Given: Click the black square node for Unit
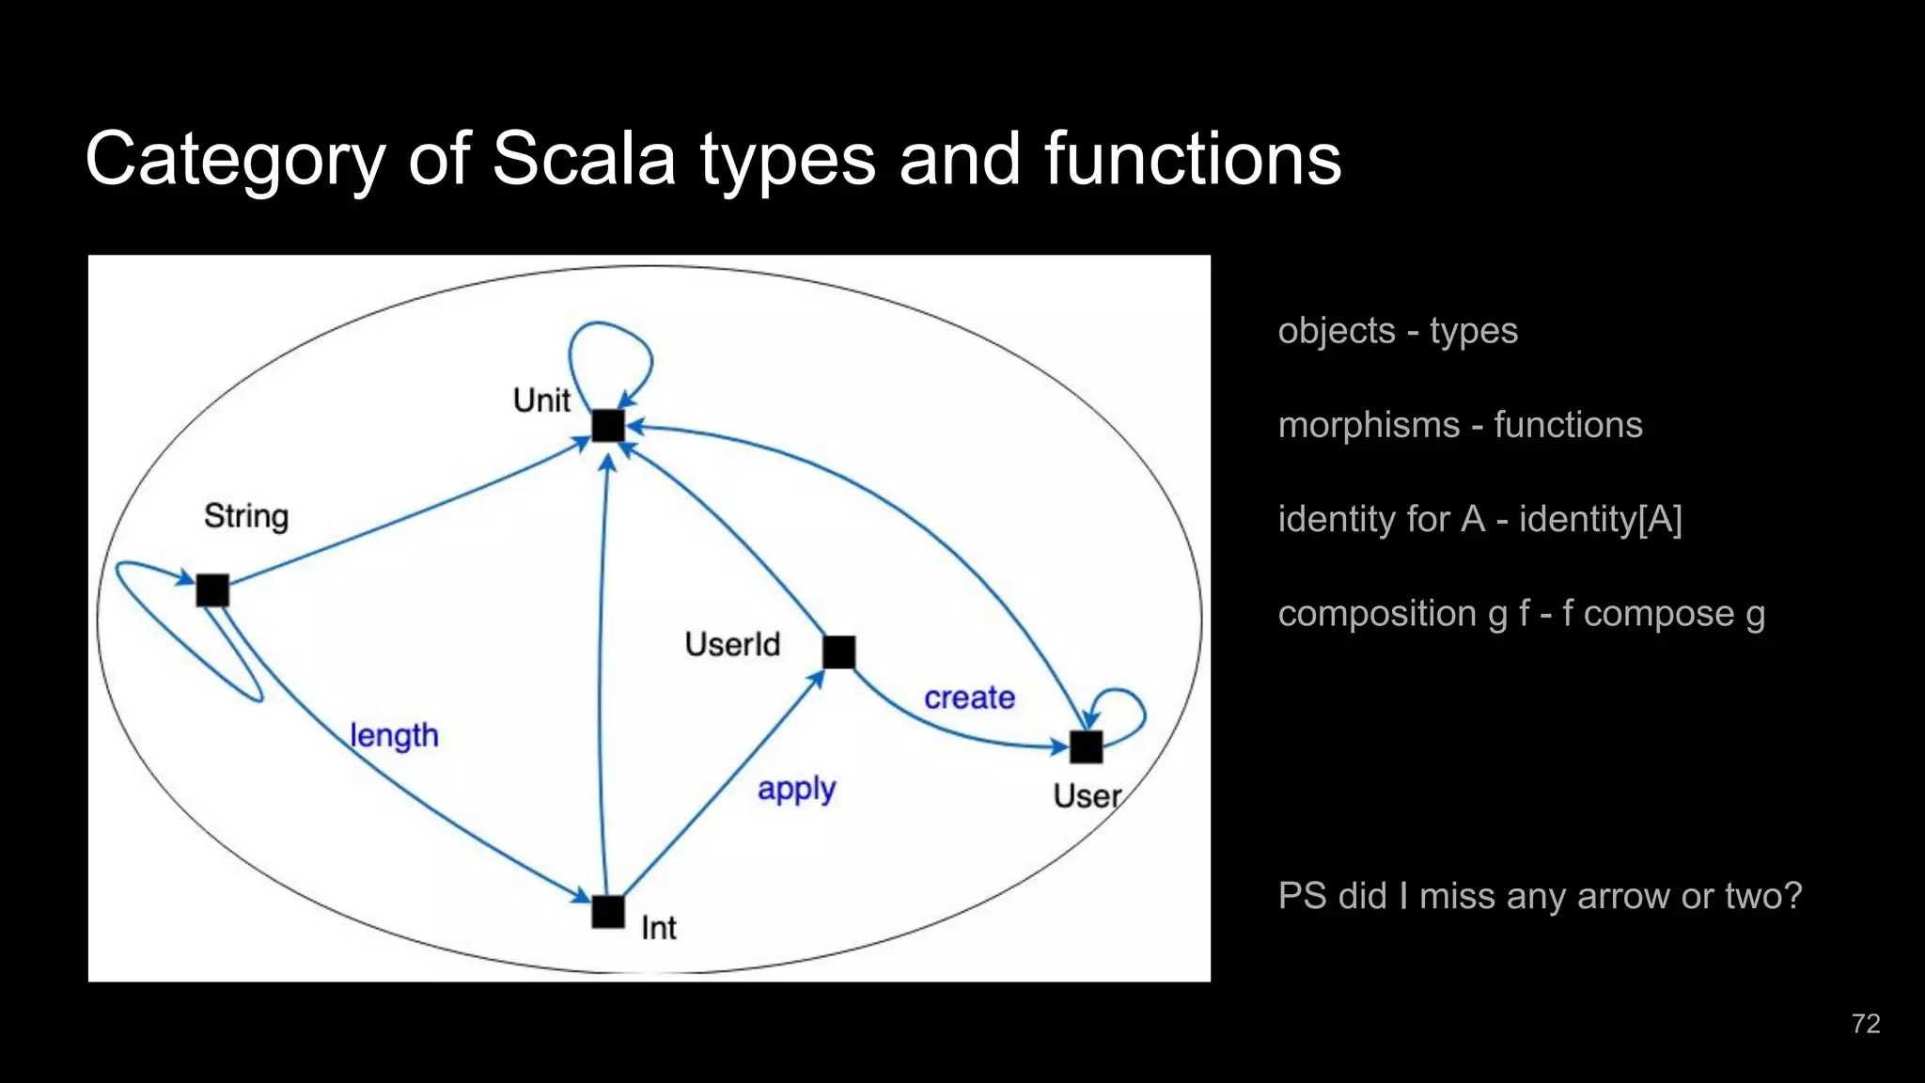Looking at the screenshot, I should (x=608, y=426).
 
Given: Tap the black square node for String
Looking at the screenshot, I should (x=212, y=590).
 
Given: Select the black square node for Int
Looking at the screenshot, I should (x=608, y=912).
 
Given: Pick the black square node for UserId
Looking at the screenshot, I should (x=838, y=652).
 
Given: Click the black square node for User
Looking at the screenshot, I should (x=1086, y=747).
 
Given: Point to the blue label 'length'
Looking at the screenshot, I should (x=394, y=735).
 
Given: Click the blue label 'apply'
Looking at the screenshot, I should (x=796, y=790).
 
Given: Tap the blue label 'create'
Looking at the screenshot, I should (x=969, y=698).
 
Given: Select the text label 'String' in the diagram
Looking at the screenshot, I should (x=246, y=516).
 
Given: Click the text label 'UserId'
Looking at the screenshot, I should (x=732, y=645).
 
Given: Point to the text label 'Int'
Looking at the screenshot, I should (x=658, y=928).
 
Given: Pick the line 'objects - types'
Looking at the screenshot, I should (x=1398, y=331).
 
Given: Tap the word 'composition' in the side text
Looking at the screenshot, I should (x=1377, y=614).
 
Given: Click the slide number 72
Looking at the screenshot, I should (x=1865, y=1024).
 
